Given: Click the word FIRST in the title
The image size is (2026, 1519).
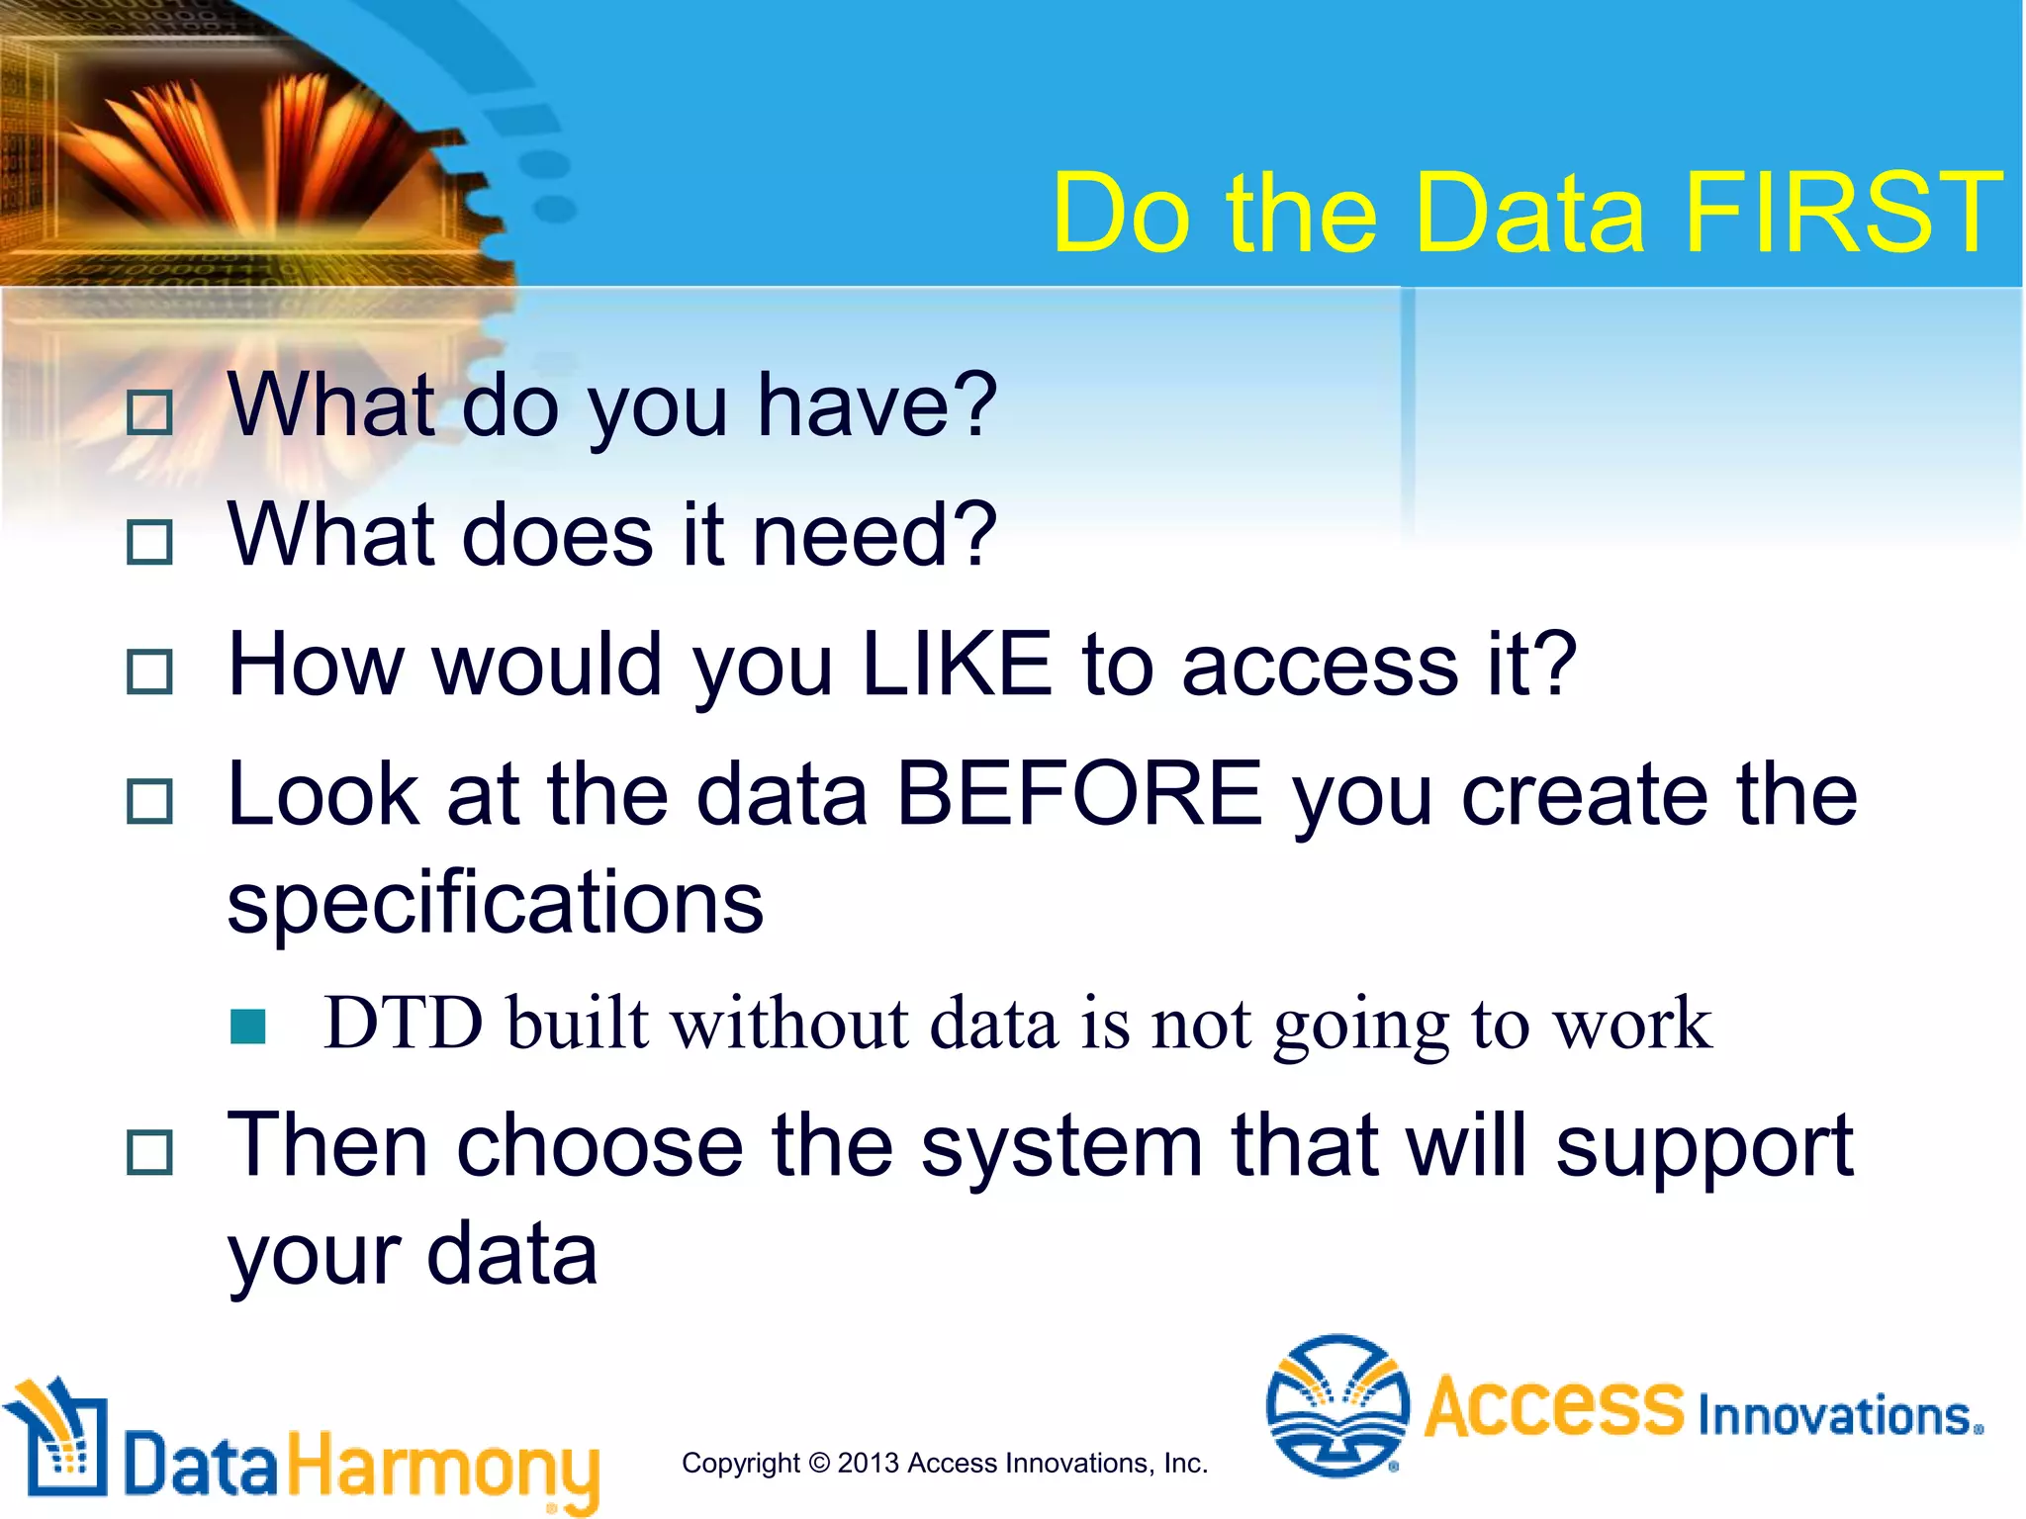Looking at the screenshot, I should coord(1842,213).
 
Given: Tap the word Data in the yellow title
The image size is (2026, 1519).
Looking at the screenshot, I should coord(1529,213).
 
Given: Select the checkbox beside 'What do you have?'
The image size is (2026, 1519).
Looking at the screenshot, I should coord(150,412).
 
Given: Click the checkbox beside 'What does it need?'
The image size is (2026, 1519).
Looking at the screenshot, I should coord(150,542).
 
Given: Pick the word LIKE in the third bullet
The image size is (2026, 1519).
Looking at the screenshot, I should coord(956,665).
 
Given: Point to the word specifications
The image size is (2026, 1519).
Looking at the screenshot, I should coord(495,903).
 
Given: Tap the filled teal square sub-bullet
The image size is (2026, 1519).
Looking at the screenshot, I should coord(247,1027).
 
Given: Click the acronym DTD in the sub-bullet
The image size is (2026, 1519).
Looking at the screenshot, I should coord(404,1023).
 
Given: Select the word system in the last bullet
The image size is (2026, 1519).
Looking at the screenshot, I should coord(1061,1147).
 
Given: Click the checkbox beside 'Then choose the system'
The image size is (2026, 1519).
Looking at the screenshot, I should coord(150,1152).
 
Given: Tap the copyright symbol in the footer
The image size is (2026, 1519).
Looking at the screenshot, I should coord(819,1463).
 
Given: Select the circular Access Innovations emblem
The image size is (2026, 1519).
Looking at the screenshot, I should coord(1337,1405).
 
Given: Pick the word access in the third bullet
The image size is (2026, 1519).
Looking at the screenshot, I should coord(1320,665).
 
